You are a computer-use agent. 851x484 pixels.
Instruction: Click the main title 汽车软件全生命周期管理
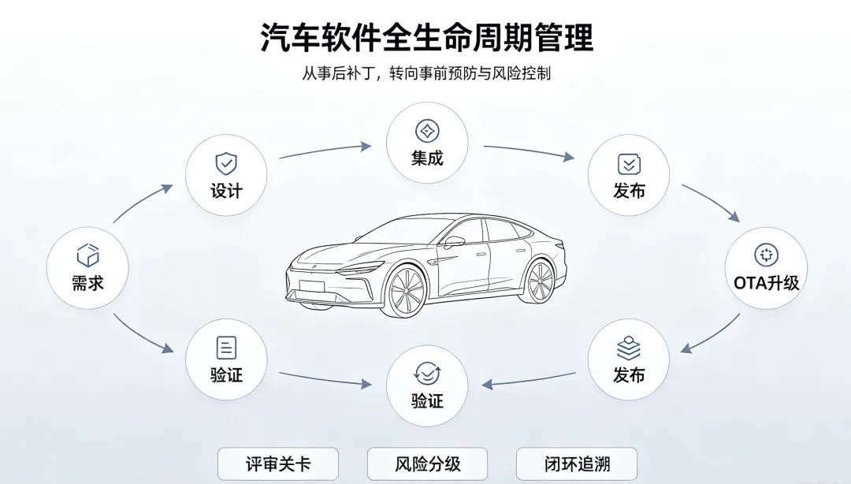click(x=426, y=37)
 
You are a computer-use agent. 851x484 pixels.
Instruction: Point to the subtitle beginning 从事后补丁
click(x=426, y=73)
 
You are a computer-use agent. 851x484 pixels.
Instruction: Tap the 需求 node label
click(x=87, y=283)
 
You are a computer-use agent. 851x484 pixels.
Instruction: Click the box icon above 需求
click(x=87, y=255)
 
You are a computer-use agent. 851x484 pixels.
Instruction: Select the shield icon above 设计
click(x=226, y=163)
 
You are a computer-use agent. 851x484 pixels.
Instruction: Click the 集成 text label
click(x=427, y=158)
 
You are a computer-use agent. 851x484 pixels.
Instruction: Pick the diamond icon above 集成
click(x=427, y=131)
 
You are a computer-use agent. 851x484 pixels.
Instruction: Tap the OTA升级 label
click(x=767, y=283)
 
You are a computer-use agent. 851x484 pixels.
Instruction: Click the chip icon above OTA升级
click(x=767, y=255)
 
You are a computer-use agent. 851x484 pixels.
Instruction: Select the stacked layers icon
click(x=629, y=348)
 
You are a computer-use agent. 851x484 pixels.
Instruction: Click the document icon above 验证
click(x=226, y=348)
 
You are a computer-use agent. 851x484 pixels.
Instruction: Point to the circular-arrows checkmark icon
click(x=427, y=374)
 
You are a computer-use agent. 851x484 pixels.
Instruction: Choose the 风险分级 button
click(x=427, y=464)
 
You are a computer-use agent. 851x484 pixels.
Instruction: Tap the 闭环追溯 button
click(x=576, y=464)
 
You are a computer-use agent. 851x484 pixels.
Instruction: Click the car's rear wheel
click(x=540, y=281)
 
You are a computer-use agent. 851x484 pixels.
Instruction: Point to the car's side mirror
click(x=454, y=241)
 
